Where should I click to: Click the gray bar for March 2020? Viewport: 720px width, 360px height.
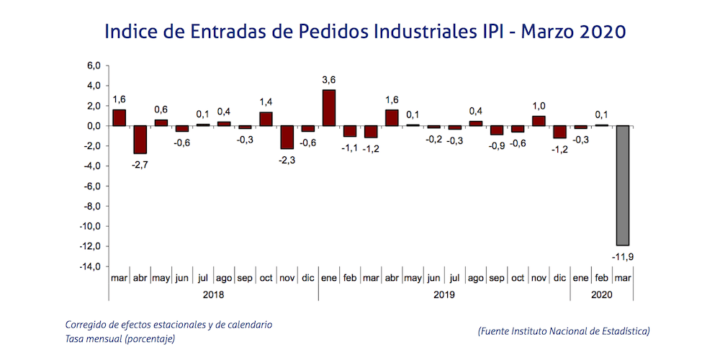click(622, 185)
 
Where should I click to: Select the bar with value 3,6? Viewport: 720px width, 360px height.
click(328, 108)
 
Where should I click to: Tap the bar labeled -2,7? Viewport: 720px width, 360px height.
click(140, 140)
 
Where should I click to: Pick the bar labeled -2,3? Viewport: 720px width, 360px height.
click(287, 138)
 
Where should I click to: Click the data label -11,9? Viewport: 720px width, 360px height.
click(622, 256)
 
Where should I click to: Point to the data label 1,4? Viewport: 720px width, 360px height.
click(266, 102)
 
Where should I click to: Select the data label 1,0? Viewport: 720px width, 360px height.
click(539, 105)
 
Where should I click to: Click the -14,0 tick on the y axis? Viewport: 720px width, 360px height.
click(90, 266)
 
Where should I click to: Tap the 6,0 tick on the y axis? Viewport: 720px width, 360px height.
click(94, 66)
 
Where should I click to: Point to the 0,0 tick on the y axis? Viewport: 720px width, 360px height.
click(94, 126)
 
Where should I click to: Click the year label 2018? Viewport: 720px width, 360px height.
click(213, 294)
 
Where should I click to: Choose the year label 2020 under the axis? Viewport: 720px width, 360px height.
click(601, 294)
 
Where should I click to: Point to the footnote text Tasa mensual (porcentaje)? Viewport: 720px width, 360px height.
click(120, 338)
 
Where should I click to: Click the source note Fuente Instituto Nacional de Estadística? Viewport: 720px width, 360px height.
click(564, 331)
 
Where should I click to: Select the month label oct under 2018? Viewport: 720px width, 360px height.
click(266, 277)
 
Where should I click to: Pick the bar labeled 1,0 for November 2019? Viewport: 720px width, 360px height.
click(539, 121)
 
